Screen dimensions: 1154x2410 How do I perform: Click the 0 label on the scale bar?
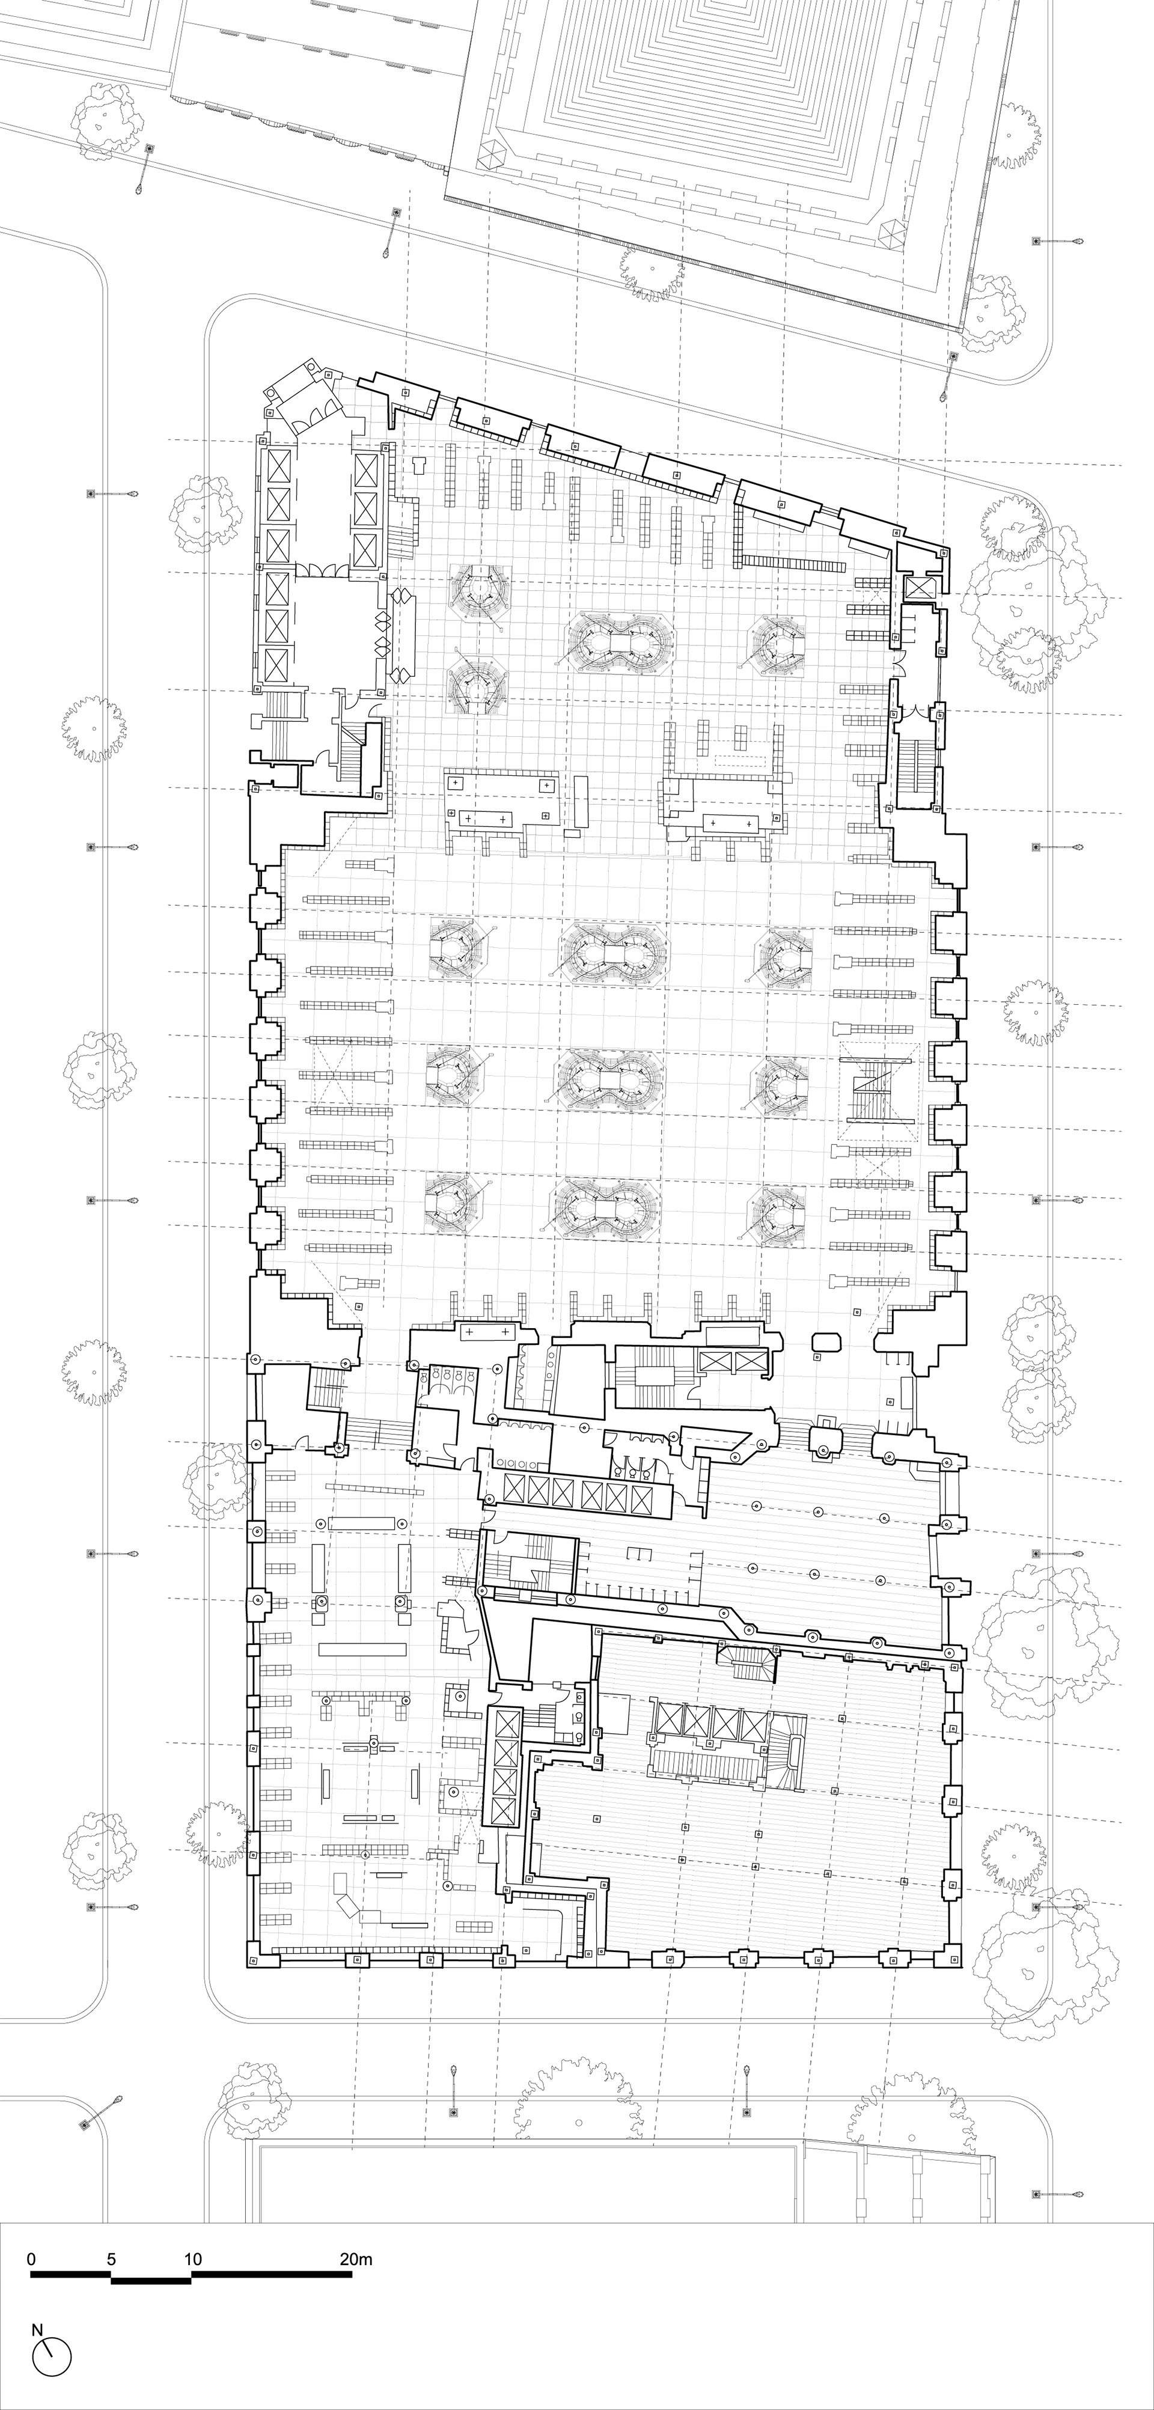pos(32,2259)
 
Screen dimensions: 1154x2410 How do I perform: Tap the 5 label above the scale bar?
pos(111,2259)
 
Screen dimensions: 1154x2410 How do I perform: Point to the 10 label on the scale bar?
pos(193,2259)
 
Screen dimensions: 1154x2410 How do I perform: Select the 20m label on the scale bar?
pos(356,2259)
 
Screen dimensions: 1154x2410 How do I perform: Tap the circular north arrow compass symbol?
pos(52,2357)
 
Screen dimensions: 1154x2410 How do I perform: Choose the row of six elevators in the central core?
pos(576,1496)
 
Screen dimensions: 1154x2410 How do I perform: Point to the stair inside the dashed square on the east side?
pos(879,1092)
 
